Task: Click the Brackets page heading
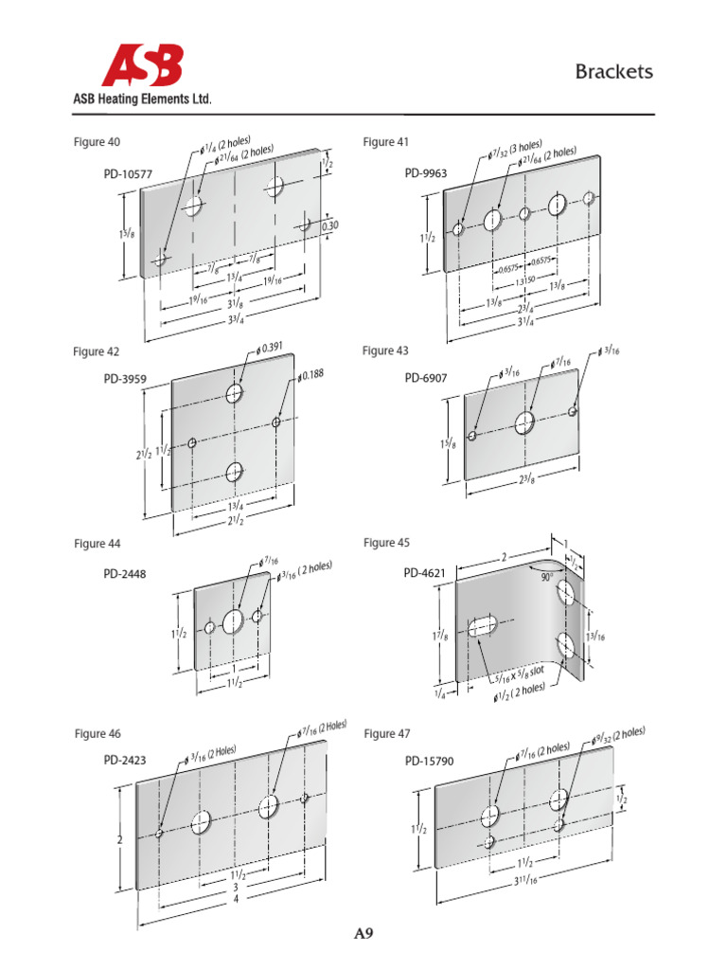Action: (x=613, y=73)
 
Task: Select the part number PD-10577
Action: (x=128, y=174)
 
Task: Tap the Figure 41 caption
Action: (x=385, y=142)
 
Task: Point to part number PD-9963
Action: (x=426, y=173)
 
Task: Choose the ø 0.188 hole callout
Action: (x=310, y=374)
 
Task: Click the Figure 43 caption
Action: (x=385, y=351)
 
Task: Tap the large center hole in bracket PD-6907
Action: (x=525, y=422)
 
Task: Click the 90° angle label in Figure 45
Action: (x=547, y=575)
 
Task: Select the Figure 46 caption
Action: (x=98, y=733)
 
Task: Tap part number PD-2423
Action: (x=125, y=760)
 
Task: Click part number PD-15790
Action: (x=431, y=760)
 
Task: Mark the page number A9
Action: (x=363, y=935)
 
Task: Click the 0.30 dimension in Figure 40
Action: (x=329, y=226)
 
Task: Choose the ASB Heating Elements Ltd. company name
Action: (x=142, y=99)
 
